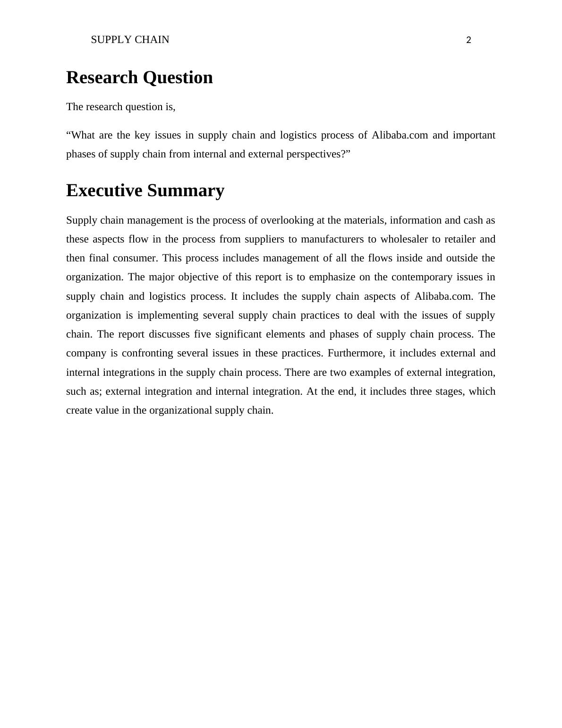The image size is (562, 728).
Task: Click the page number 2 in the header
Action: pyautogui.click(x=468, y=41)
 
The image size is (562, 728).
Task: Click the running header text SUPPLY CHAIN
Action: pyautogui.click(x=130, y=40)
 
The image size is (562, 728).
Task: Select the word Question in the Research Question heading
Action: pyautogui.click(x=178, y=78)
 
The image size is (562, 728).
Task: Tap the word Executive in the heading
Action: pyautogui.click(x=104, y=191)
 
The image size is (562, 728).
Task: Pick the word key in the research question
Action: pyautogui.click(x=142, y=136)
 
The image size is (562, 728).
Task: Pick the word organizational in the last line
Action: pyautogui.click(x=181, y=411)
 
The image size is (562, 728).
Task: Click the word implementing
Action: pyautogui.click(x=169, y=316)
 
